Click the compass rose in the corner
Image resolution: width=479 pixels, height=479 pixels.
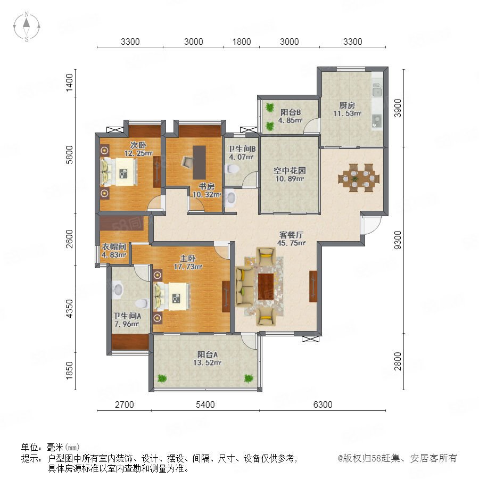point(27,26)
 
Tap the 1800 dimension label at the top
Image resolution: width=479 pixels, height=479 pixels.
point(241,42)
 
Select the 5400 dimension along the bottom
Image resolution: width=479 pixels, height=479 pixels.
point(205,404)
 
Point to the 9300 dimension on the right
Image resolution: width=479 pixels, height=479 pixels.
point(398,240)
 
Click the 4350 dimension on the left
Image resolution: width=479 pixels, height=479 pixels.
point(70,309)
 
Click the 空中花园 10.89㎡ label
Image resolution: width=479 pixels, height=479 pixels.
point(290,175)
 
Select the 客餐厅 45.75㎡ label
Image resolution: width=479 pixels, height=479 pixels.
point(291,238)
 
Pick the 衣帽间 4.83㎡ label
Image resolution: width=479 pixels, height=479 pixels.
point(114,250)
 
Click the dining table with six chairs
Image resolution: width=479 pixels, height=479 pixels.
point(359,177)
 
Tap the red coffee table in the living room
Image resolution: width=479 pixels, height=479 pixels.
point(266,286)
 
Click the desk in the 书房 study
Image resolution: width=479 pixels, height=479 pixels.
point(199,162)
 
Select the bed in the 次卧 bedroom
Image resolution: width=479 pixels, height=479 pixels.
point(119,172)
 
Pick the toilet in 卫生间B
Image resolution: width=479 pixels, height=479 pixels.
point(232,169)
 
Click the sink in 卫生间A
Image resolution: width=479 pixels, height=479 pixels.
point(117,290)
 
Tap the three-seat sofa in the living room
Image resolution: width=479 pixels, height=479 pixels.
point(245,286)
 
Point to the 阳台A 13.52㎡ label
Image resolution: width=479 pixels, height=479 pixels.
point(207,358)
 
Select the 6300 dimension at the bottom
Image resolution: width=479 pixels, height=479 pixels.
point(323,404)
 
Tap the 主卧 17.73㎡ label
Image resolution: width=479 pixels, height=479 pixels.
point(188,262)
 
